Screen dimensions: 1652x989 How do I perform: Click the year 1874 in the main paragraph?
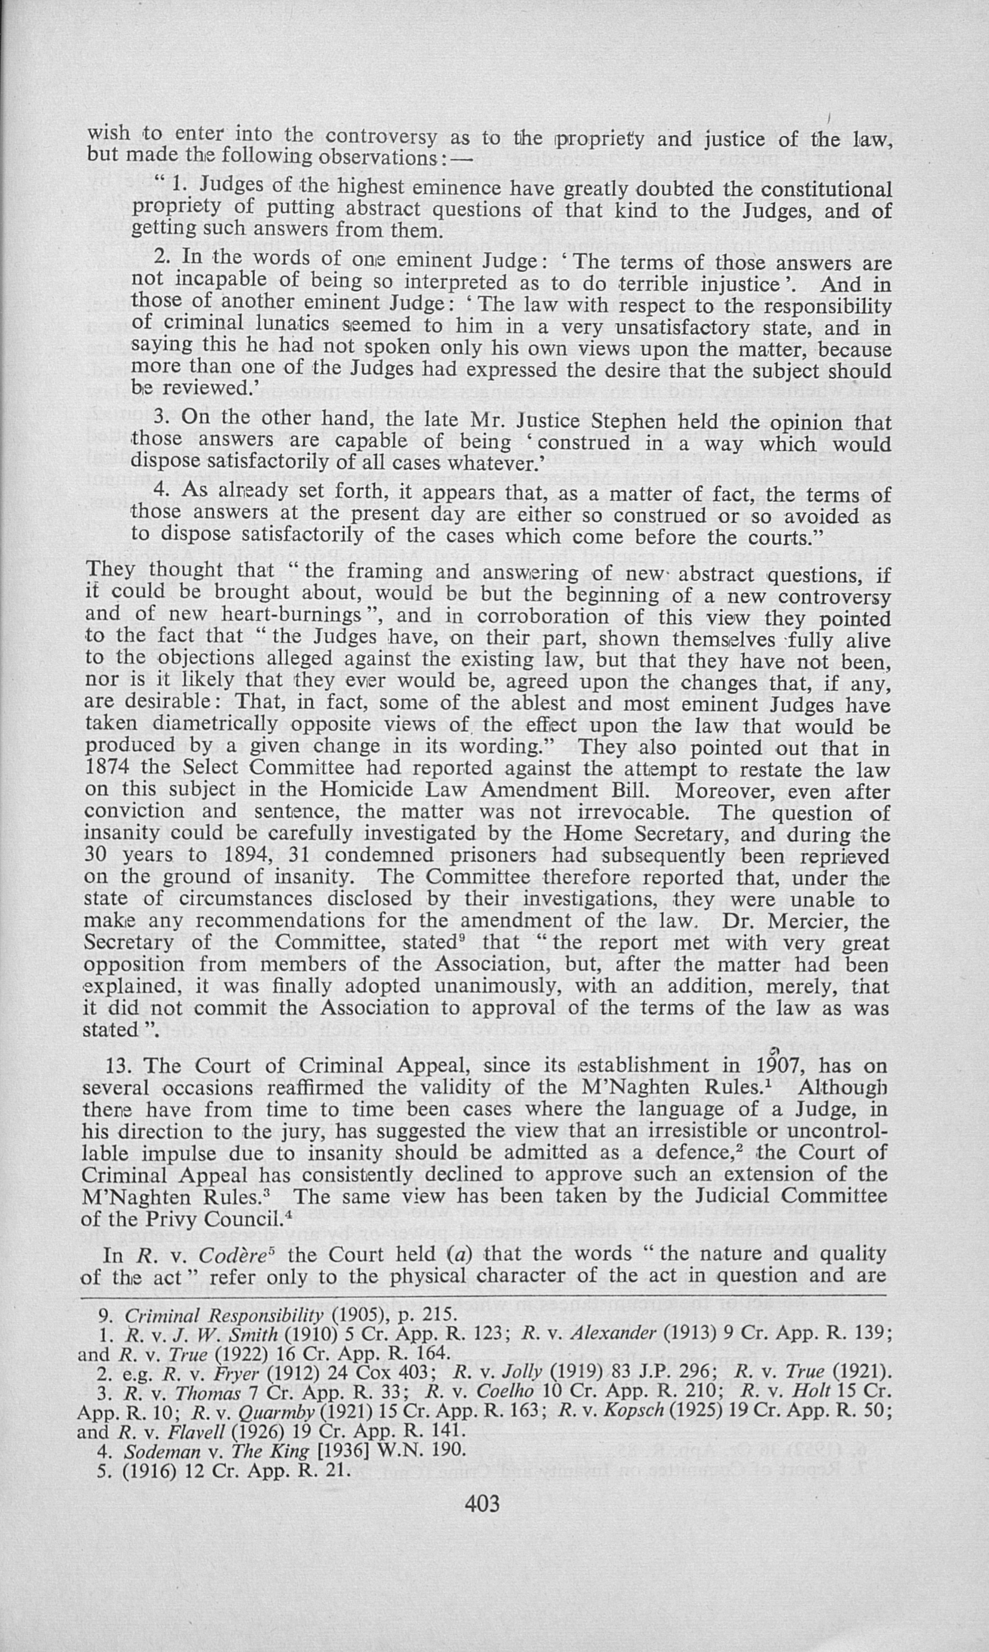click(107, 768)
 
